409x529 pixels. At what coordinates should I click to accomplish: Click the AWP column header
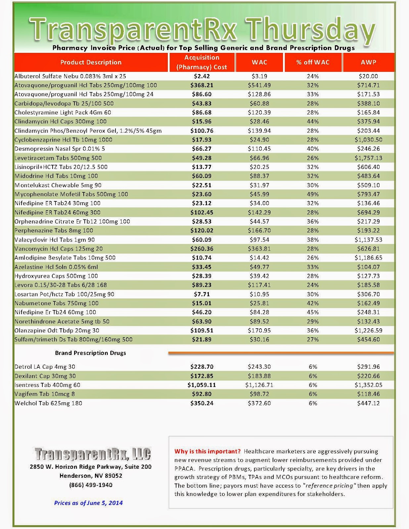[x=368, y=62]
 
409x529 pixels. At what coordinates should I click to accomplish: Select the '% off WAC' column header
[x=313, y=62]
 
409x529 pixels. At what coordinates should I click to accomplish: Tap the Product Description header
[x=91, y=62]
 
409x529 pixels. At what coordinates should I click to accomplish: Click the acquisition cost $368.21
[x=202, y=85]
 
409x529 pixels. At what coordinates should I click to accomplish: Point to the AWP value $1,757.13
[x=368, y=158]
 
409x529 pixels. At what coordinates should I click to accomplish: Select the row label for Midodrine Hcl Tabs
[x=56, y=176]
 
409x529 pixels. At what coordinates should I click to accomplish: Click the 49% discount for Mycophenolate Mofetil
[x=313, y=194]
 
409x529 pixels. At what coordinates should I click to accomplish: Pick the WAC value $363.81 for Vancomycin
[x=259, y=249]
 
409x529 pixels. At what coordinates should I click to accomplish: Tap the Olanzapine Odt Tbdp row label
[x=57, y=331]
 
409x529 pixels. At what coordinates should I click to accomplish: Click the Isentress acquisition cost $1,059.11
[x=202, y=385]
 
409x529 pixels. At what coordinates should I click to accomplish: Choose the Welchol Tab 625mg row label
[x=48, y=403]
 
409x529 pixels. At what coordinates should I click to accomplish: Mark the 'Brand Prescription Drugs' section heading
[x=90, y=353]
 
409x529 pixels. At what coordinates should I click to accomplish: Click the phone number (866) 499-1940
[x=91, y=485]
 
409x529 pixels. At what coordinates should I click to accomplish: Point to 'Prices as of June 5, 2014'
[x=88, y=503]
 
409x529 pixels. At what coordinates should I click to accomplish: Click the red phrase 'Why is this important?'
[x=207, y=451]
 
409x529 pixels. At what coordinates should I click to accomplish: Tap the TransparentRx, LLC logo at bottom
[x=93, y=454]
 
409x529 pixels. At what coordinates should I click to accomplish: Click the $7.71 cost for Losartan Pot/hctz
[x=202, y=294]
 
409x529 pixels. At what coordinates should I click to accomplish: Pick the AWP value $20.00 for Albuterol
[x=368, y=76]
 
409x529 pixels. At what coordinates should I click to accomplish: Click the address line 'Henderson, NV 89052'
[x=91, y=476]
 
